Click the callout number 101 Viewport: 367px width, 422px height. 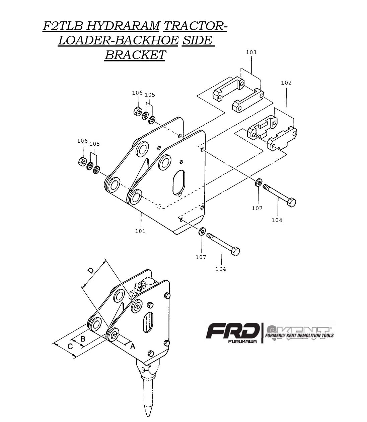point(140,231)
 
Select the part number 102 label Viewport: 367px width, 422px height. point(286,83)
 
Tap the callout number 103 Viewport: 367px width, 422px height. point(251,52)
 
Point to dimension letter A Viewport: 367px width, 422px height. point(133,346)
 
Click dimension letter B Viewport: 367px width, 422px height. point(83,339)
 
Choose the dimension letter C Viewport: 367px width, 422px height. point(70,346)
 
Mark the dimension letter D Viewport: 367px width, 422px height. point(90,270)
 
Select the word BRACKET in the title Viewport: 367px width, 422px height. point(135,54)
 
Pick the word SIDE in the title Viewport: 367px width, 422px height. point(198,40)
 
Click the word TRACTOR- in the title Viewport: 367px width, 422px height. point(196,26)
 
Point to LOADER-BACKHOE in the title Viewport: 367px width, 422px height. point(118,40)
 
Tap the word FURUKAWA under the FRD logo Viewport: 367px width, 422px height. point(242,341)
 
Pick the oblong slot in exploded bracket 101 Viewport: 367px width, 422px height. point(178,182)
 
